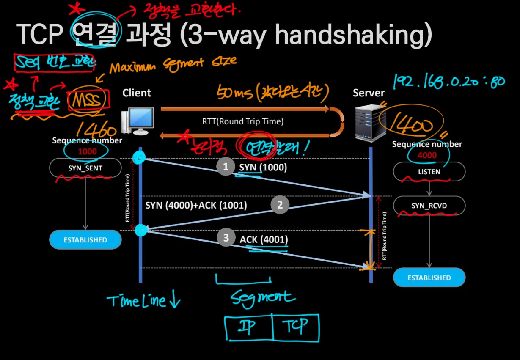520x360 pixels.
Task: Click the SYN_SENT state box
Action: [x=85, y=168]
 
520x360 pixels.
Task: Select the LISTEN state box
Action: [x=429, y=172]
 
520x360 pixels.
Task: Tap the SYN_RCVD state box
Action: [x=429, y=206]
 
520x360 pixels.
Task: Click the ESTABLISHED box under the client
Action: [x=85, y=240]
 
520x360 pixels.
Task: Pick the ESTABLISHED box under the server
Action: [x=429, y=278]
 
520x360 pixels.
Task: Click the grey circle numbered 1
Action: [x=226, y=167]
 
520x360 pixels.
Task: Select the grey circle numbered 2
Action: [x=280, y=205]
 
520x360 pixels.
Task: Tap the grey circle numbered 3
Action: [x=226, y=238]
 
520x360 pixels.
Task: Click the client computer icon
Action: [x=137, y=121]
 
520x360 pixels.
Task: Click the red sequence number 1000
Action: [x=87, y=151]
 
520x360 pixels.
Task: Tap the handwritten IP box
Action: [x=248, y=327]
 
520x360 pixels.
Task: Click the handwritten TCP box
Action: [x=296, y=327]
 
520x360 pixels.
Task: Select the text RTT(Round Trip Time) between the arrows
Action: [x=243, y=121]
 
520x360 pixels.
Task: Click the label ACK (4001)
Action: [x=264, y=239]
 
